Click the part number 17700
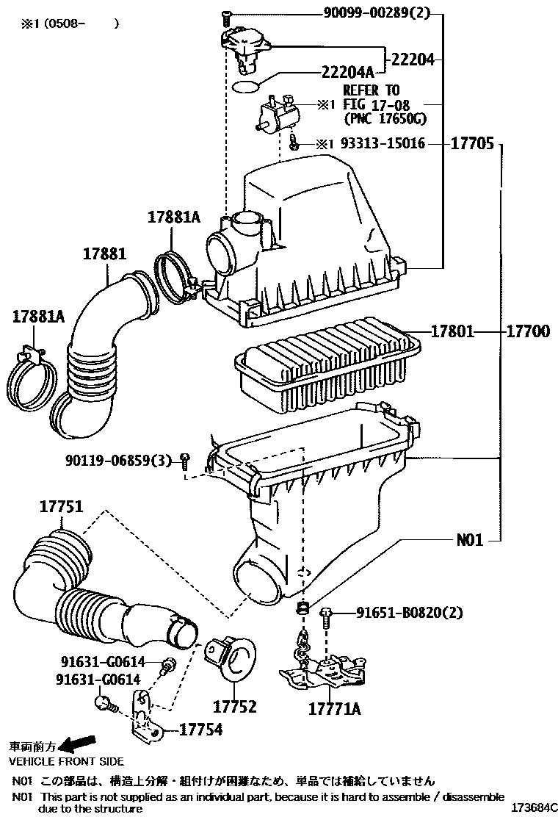coord(527,332)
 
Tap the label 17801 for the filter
coord(452,332)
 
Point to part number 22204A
coord(348,71)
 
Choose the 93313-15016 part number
coord(383,144)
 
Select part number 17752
coord(235,707)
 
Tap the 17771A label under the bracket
coord(333,709)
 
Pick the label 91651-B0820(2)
coord(410,612)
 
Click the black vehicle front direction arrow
coord(78,743)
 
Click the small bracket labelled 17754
coord(144,716)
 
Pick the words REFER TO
coord(372,90)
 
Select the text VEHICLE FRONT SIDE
coord(66,761)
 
